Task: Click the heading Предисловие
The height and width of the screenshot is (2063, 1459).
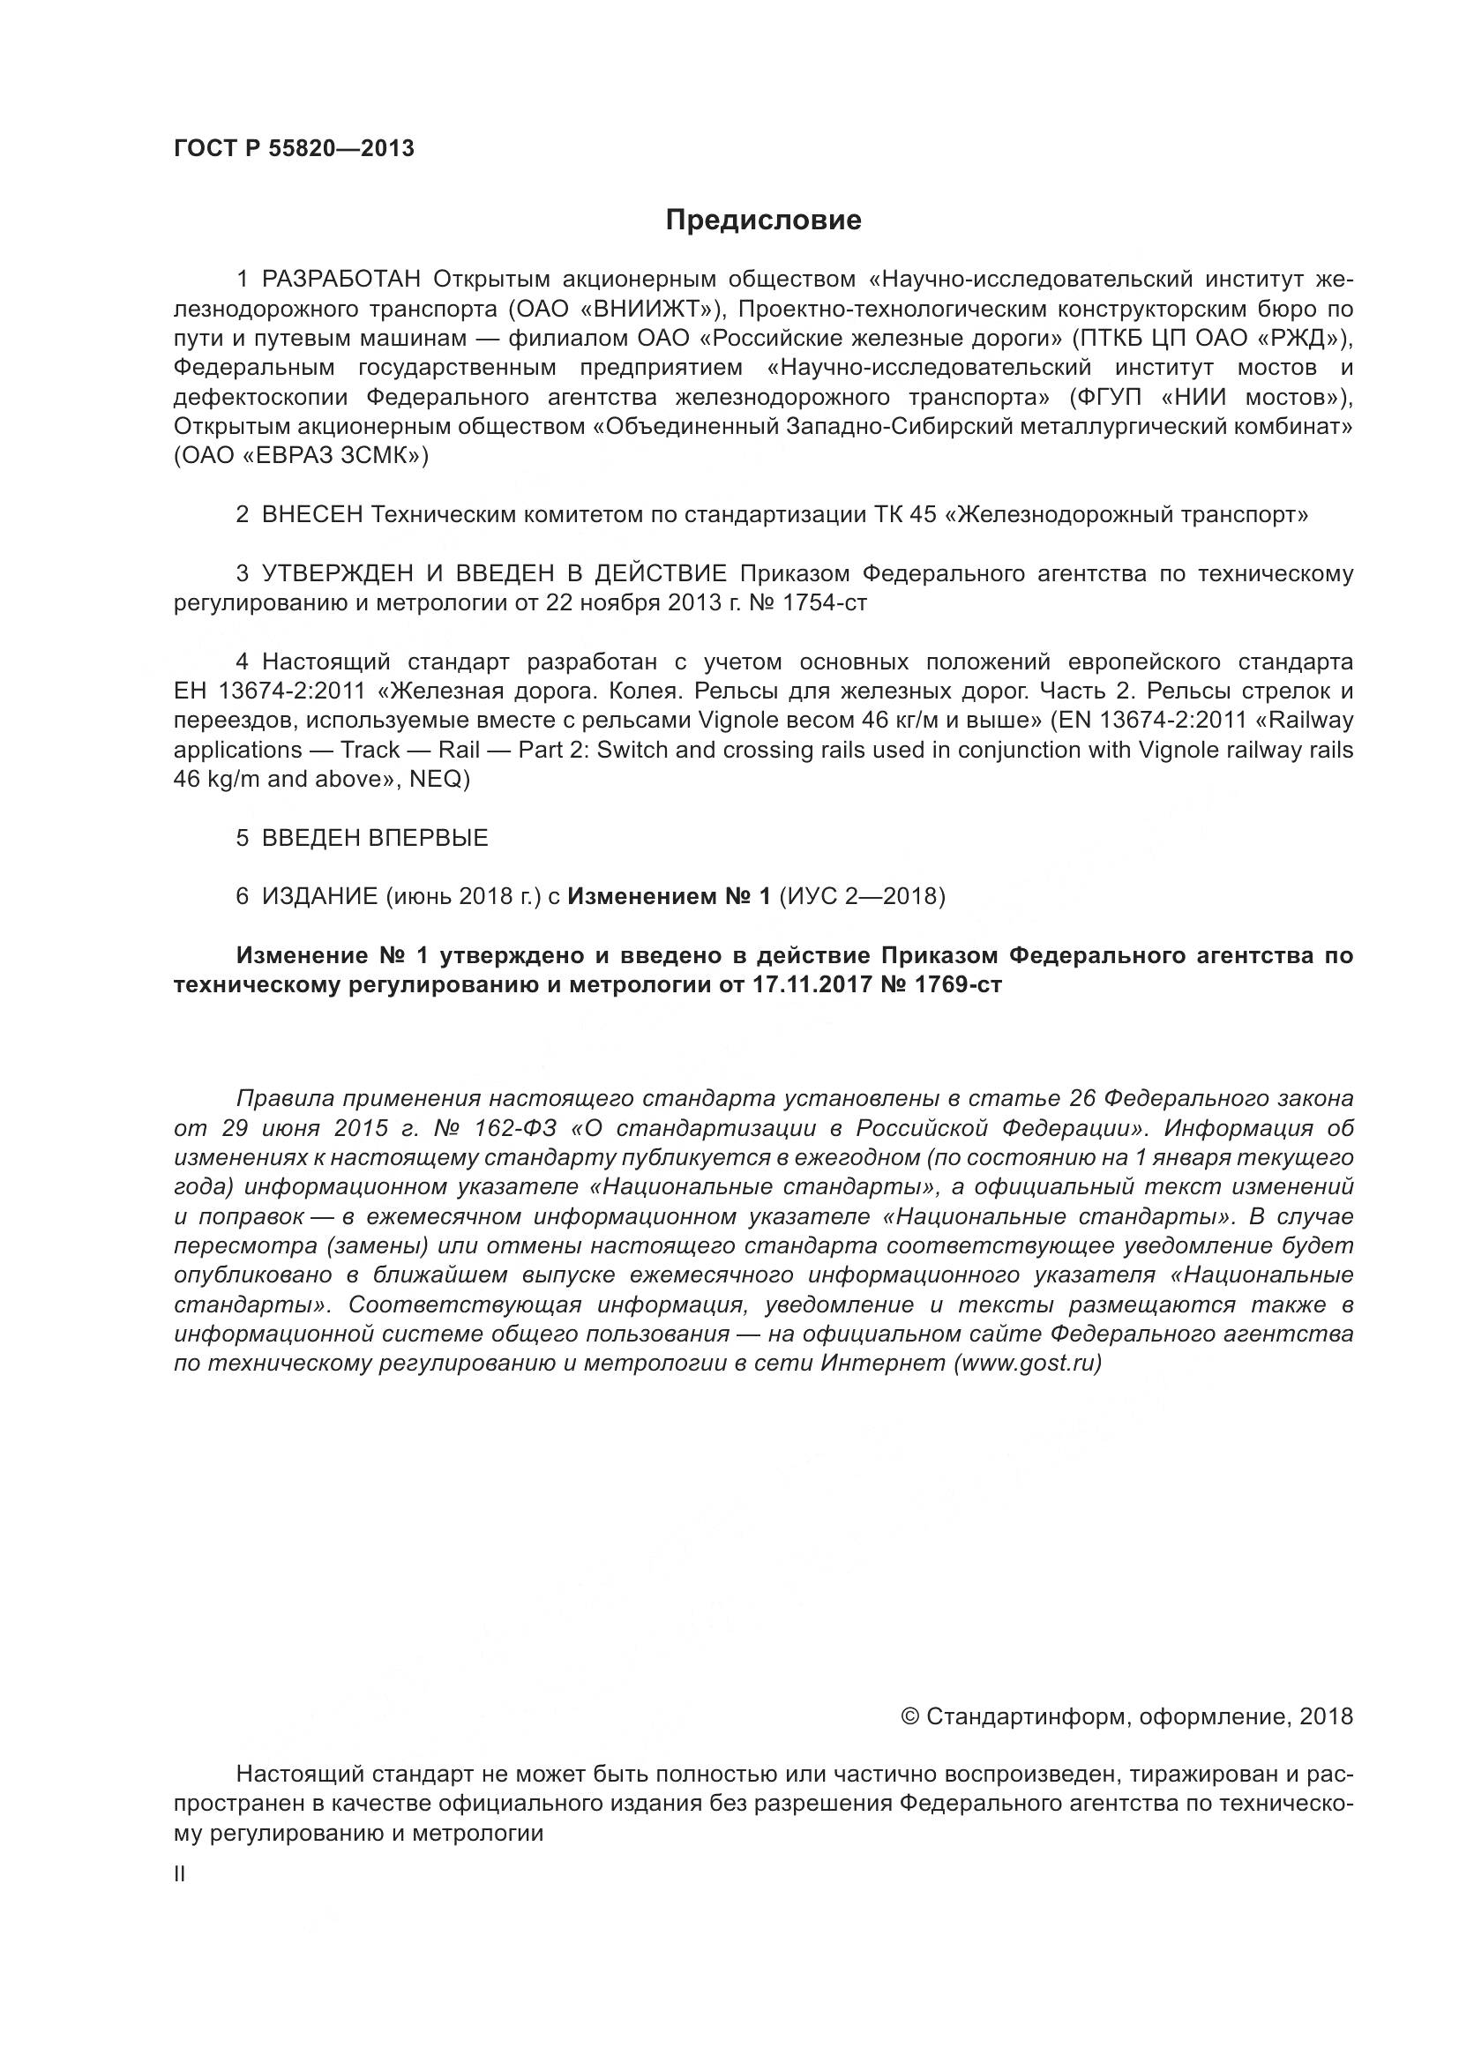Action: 763,221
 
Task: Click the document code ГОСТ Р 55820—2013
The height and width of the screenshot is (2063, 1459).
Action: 294,149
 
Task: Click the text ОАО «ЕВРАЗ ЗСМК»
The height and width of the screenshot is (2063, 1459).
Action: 301,457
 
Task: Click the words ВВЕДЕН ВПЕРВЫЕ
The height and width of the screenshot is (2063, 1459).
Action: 375,838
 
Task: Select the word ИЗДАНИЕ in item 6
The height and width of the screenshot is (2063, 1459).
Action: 319,897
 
